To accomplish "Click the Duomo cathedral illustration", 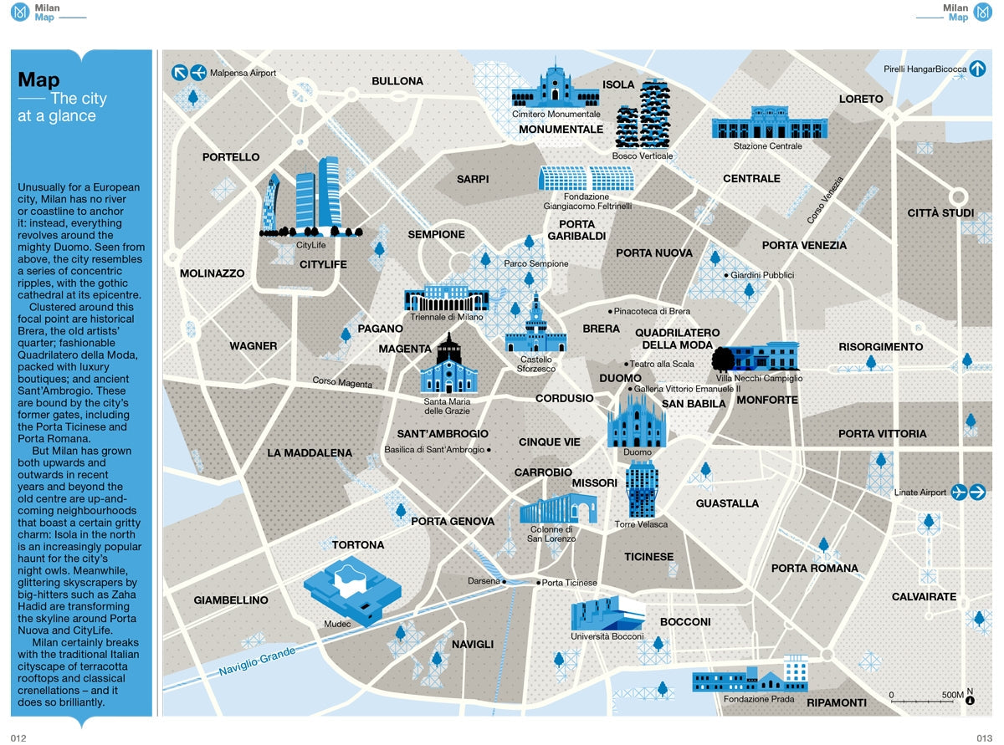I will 636,417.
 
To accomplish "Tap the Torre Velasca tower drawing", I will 642,489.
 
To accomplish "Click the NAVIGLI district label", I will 473,645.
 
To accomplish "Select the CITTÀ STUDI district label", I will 940,213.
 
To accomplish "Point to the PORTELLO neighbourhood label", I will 231,157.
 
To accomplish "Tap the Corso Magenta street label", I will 341,383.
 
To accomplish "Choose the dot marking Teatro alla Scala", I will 626,364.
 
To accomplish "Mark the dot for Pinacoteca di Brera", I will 610,311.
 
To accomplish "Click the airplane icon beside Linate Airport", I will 959,492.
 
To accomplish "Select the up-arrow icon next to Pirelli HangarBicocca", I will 978,69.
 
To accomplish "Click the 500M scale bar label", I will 952,695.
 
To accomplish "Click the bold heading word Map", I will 38,80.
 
